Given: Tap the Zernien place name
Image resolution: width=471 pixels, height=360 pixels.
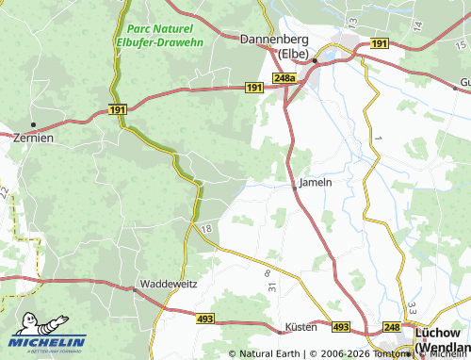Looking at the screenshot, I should [x=33, y=137].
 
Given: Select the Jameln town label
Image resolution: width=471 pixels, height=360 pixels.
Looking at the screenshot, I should [x=316, y=181].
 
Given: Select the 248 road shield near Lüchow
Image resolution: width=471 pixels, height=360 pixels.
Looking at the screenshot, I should [x=392, y=326].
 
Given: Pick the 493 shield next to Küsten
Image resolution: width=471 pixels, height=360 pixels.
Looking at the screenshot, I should [x=341, y=326].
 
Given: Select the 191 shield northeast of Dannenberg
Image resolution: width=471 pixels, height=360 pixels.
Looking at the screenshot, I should [x=379, y=43].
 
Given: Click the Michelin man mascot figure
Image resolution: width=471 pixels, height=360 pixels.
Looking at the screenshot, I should [x=28, y=322].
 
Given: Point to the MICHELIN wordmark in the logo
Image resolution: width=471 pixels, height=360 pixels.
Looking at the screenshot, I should [x=47, y=341].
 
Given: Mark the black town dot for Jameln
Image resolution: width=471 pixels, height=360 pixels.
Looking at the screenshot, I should [x=295, y=188].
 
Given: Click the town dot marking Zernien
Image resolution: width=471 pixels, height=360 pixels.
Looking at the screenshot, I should [x=33, y=124].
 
